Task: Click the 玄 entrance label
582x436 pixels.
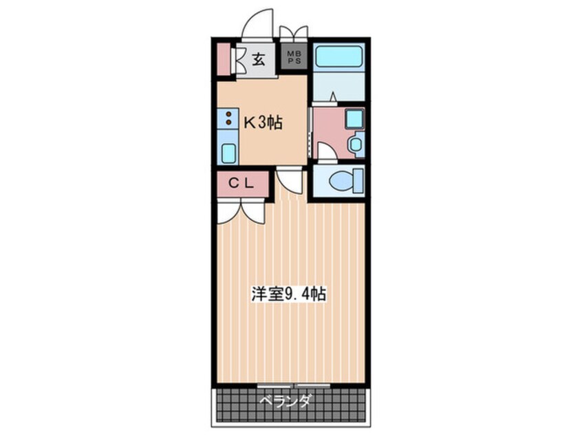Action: tap(258, 59)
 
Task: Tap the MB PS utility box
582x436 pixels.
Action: tap(294, 56)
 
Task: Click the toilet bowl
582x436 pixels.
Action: tap(341, 181)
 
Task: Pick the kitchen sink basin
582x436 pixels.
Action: tap(228, 151)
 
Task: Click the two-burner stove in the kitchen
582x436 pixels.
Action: tap(228, 119)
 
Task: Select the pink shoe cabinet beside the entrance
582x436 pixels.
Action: tap(223, 60)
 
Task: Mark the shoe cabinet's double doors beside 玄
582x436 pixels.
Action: tap(239, 60)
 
